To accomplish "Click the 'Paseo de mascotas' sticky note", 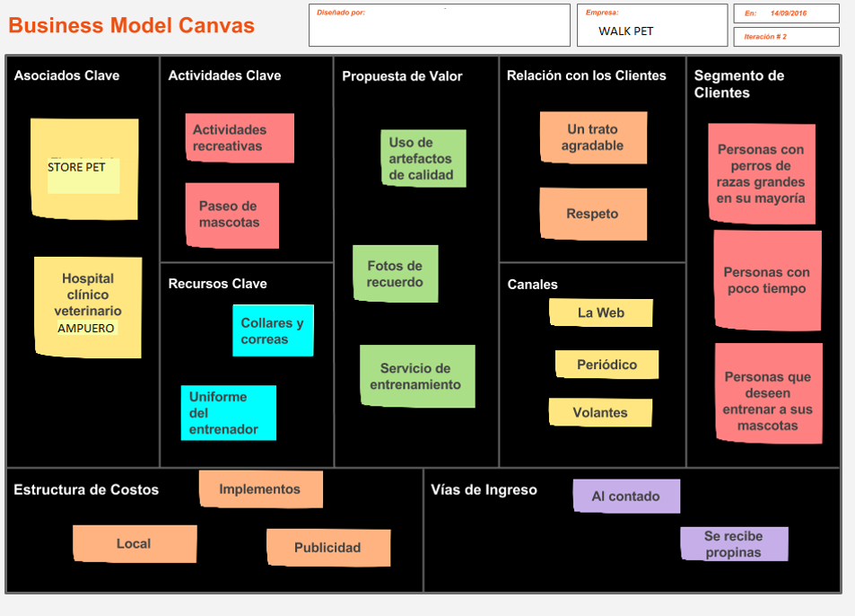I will click(x=231, y=215).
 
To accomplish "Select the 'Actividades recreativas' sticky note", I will click(x=240, y=138).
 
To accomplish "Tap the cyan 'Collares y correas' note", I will click(x=273, y=330).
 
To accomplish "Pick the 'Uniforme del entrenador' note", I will click(x=228, y=413).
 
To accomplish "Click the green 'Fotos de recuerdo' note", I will click(x=395, y=274).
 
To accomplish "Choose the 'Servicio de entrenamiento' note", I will click(x=417, y=376).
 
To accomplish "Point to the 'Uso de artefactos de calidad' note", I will click(x=423, y=158).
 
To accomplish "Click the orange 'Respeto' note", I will click(x=592, y=214).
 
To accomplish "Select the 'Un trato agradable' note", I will click(x=592, y=137).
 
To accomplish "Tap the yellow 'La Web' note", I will click(x=600, y=312).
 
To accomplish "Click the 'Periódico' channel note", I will click(x=606, y=365).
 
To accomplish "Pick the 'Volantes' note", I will click(x=600, y=412).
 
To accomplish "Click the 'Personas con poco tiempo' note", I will click(x=767, y=280).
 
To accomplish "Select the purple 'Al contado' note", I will click(x=625, y=496).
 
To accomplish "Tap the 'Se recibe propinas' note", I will click(x=733, y=544).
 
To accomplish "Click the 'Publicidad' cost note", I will click(x=327, y=548).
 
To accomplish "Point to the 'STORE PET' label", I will click(x=77, y=167).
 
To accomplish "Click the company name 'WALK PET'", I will click(x=626, y=31).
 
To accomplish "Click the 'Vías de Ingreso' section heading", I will click(x=484, y=489).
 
